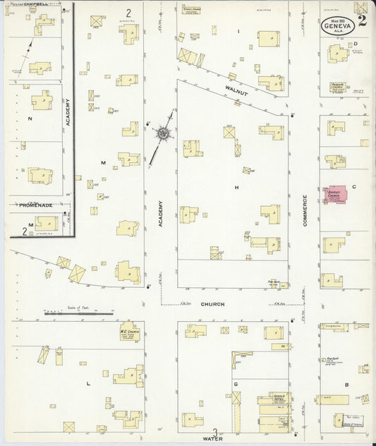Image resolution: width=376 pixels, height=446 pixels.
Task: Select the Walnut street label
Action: (x=237, y=89)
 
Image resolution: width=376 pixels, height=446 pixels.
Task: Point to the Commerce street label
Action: (x=306, y=210)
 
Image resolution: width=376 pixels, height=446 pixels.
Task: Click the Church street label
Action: (x=212, y=304)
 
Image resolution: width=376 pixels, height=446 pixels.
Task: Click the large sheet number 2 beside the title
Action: (x=362, y=20)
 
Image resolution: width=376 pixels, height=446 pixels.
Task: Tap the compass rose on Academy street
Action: (x=163, y=132)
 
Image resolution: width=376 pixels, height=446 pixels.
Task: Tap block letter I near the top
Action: (x=238, y=32)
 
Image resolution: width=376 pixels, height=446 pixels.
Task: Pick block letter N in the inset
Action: (x=30, y=119)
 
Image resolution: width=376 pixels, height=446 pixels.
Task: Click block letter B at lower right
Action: (x=346, y=385)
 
